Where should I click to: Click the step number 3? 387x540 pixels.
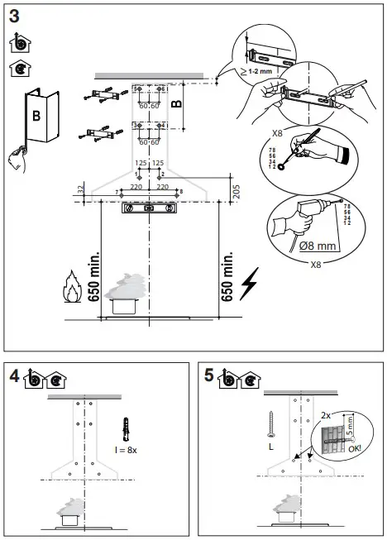click(x=14, y=14)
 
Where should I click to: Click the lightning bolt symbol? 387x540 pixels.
click(x=249, y=285)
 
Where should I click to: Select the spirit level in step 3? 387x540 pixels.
click(x=150, y=209)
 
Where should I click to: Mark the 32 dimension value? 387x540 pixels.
click(x=79, y=190)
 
